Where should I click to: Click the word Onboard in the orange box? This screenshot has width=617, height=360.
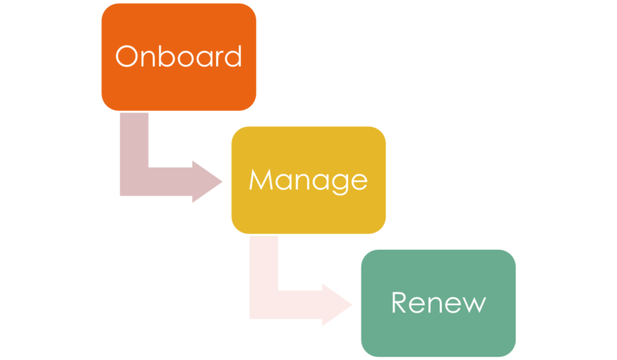[x=178, y=56]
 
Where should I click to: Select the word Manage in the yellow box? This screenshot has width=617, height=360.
[x=308, y=179]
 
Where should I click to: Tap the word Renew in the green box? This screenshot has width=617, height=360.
[x=438, y=303]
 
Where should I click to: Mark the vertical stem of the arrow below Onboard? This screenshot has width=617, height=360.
[x=133, y=141]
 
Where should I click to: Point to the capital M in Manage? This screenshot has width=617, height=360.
[x=261, y=179]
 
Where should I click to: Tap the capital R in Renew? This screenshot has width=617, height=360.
[x=399, y=303]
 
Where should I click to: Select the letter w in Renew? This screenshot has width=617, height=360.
[x=472, y=305]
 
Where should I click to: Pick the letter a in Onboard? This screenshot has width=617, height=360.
[x=202, y=58]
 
